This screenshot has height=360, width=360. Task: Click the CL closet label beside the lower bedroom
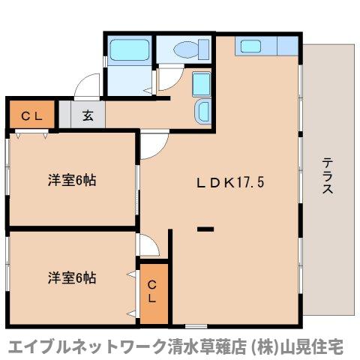click(152, 291)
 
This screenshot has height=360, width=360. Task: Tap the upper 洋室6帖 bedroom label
click(72, 180)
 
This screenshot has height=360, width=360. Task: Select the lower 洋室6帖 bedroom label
click(72, 277)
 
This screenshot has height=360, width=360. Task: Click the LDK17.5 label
click(231, 181)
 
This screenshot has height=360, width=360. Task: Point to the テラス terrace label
click(328, 175)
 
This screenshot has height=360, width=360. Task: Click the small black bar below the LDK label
click(205, 227)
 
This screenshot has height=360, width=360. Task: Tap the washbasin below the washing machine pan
click(202, 112)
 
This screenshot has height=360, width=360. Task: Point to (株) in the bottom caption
click(266, 347)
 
